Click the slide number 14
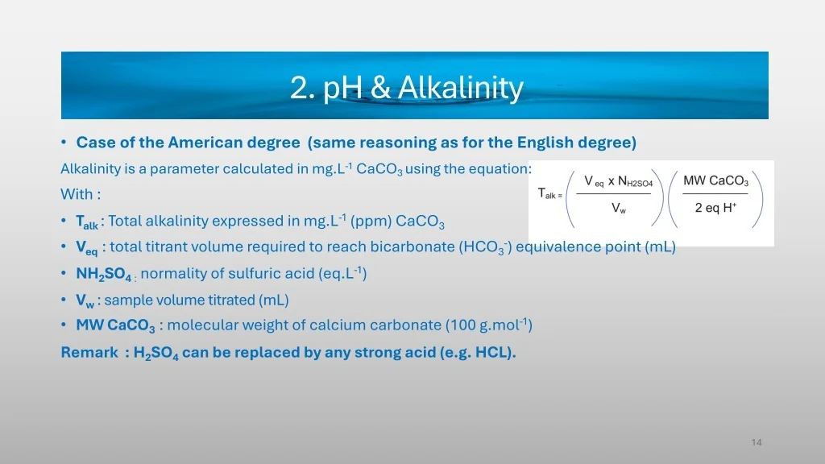tap(757, 442)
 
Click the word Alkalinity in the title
tap(460, 87)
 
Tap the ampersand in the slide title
tap(380, 88)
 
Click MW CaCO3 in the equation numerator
tap(715, 181)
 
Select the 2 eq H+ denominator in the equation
tap(715, 208)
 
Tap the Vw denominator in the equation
tap(619, 209)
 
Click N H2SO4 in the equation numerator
tap(635, 181)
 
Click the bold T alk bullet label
tap(87, 222)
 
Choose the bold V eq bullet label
tap(87, 248)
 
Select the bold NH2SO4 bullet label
tap(104, 274)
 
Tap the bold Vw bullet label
tap(85, 300)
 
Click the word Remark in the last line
tap(89, 352)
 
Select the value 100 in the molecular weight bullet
tap(463, 325)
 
